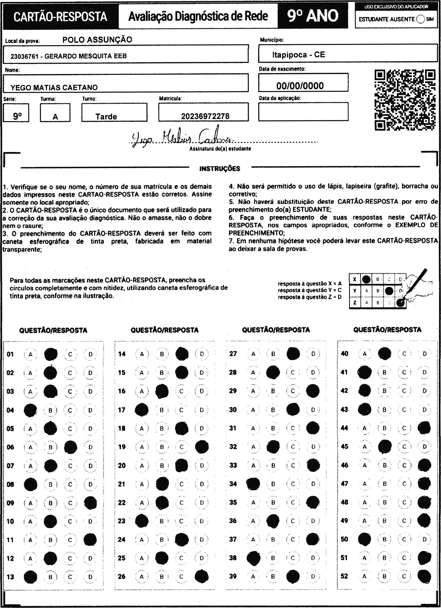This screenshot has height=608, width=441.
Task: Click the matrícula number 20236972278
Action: coord(205,116)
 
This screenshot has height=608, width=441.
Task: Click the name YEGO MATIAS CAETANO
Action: coord(54,87)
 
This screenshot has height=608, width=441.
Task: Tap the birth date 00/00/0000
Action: coord(300,86)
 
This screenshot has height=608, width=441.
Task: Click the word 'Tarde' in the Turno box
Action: coord(106,117)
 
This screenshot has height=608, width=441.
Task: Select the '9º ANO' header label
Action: coord(313,16)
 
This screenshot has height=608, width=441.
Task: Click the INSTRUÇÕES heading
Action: coord(220,169)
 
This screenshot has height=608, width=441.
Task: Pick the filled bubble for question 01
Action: coord(50,354)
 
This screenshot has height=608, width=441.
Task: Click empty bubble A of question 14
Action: coord(142,354)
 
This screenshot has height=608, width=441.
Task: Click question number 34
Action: coord(233,484)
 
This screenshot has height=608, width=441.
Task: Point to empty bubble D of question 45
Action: coord(424,447)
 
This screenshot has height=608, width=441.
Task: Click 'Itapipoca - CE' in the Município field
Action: coord(298,55)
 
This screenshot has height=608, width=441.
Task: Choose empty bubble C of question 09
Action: coord(70,503)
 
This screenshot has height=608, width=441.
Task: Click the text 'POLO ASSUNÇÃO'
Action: coord(97,40)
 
